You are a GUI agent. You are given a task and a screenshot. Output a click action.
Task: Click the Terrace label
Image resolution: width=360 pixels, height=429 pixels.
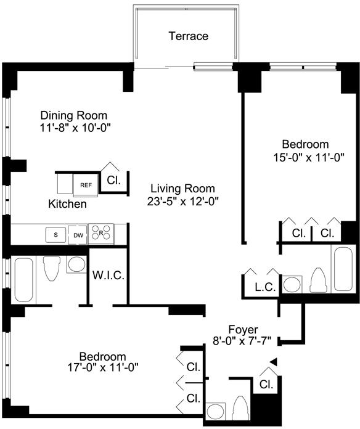[188, 36]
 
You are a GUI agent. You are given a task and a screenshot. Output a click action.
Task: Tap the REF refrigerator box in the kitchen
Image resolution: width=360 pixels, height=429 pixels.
[86, 186]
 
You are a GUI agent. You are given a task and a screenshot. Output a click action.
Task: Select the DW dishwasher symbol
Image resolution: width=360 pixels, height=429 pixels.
[78, 235]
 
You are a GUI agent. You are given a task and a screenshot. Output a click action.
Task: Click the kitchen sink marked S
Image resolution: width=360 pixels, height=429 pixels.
[56, 235]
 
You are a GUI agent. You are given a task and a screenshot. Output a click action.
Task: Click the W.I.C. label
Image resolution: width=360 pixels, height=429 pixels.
[108, 276]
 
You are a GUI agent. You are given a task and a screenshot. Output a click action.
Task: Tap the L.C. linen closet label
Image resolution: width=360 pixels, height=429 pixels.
[265, 287]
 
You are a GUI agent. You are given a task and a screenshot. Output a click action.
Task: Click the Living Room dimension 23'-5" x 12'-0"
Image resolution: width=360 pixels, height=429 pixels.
[183, 202]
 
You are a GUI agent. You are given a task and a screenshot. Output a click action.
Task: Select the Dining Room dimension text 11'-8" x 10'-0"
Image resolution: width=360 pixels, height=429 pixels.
[75, 128]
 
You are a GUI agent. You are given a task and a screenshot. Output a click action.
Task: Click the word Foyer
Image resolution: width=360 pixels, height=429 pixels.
[243, 330]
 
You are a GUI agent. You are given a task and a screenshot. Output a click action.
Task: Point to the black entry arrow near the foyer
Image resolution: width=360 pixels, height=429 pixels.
[274, 361]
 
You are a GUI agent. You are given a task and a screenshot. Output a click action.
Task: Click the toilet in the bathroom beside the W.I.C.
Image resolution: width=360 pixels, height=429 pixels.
[52, 268]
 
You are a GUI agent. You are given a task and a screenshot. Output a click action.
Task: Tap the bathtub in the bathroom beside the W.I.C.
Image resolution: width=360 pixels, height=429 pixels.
[23, 279]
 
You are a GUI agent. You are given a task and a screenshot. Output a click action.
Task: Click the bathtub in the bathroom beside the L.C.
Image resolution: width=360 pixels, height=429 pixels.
[342, 269]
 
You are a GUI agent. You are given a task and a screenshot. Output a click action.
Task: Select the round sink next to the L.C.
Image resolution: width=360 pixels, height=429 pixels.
[292, 285]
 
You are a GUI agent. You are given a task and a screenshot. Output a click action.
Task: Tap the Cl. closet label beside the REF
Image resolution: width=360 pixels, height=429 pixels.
[113, 181]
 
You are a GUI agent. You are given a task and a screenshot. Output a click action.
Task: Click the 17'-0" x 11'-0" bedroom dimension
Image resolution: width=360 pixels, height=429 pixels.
[103, 367]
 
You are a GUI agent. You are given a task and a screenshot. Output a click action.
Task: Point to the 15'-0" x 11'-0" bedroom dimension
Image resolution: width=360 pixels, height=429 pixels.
[309, 158]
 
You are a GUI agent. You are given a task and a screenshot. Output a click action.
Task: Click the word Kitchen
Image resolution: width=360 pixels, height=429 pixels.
[67, 204]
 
